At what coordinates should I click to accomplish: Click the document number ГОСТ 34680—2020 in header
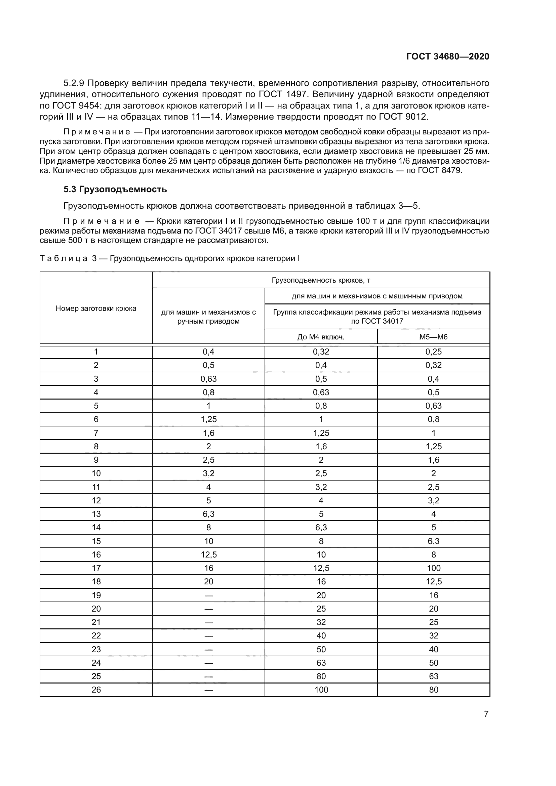point(447,56)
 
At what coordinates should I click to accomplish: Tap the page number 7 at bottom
point(486,714)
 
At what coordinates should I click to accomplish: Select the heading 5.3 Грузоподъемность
point(115,189)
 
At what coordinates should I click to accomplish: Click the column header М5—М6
point(433,337)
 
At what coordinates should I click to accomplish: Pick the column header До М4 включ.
point(321,337)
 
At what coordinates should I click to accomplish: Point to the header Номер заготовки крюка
point(96,308)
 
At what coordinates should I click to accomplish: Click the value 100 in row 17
point(433,568)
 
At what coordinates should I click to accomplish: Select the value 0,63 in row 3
point(208,379)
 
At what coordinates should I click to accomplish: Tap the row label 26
point(96,690)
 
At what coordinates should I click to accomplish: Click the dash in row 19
point(208,595)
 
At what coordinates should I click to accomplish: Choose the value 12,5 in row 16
point(208,554)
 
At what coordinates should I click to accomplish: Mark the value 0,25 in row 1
point(433,351)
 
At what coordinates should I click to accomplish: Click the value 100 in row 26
point(321,690)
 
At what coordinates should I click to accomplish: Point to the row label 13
point(96,514)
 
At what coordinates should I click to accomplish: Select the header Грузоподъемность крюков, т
point(321,280)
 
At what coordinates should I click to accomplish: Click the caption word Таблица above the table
point(64,258)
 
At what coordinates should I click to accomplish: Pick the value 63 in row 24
point(321,663)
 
